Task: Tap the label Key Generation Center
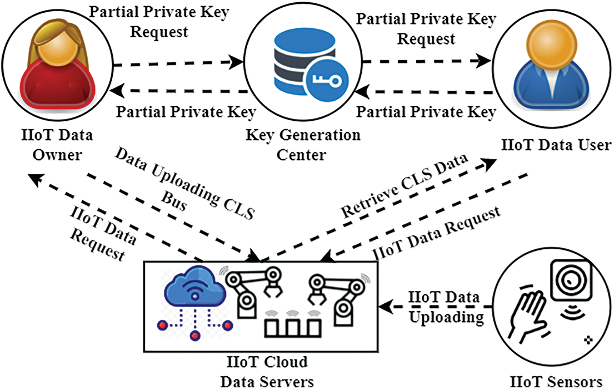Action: point(302,144)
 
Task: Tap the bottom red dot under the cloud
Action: point(195,336)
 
